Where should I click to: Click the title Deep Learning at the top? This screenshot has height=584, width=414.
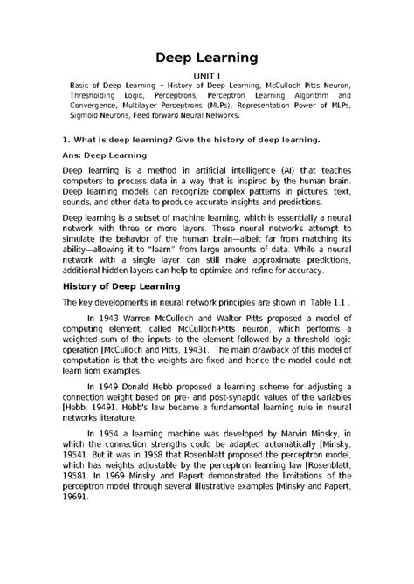click(x=207, y=58)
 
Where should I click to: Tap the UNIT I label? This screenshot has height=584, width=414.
click(x=207, y=78)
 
